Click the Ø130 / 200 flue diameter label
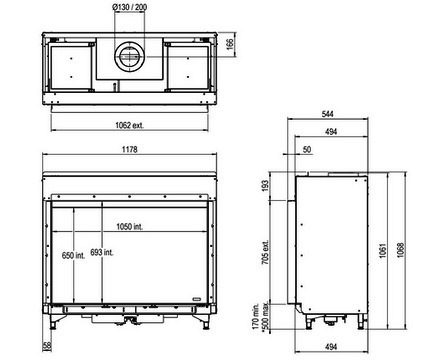(130, 7)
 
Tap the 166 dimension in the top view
(231, 44)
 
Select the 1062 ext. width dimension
(130, 125)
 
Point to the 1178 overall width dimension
(129, 149)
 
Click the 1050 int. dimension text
(130, 227)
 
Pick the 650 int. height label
(73, 256)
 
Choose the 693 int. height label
(102, 253)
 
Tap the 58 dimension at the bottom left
(48, 346)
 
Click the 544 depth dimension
(328, 114)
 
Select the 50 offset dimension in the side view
(307, 149)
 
